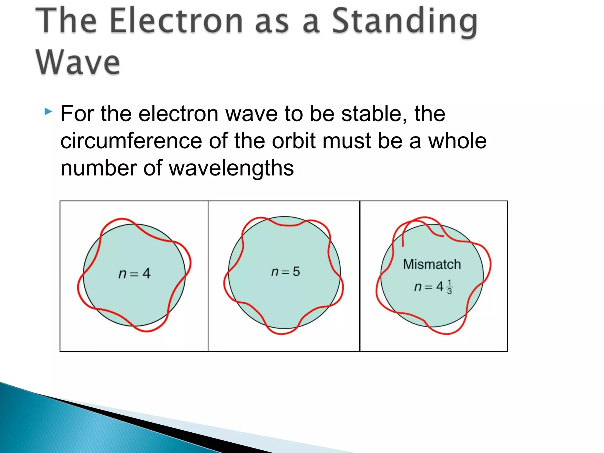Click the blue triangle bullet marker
(x=48, y=112)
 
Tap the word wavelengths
(x=231, y=168)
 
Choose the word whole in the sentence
(x=457, y=141)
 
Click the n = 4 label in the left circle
(x=134, y=274)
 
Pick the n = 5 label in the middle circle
(x=285, y=272)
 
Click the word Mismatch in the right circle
(x=432, y=264)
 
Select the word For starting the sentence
(x=77, y=114)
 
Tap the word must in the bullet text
(x=347, y=141)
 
